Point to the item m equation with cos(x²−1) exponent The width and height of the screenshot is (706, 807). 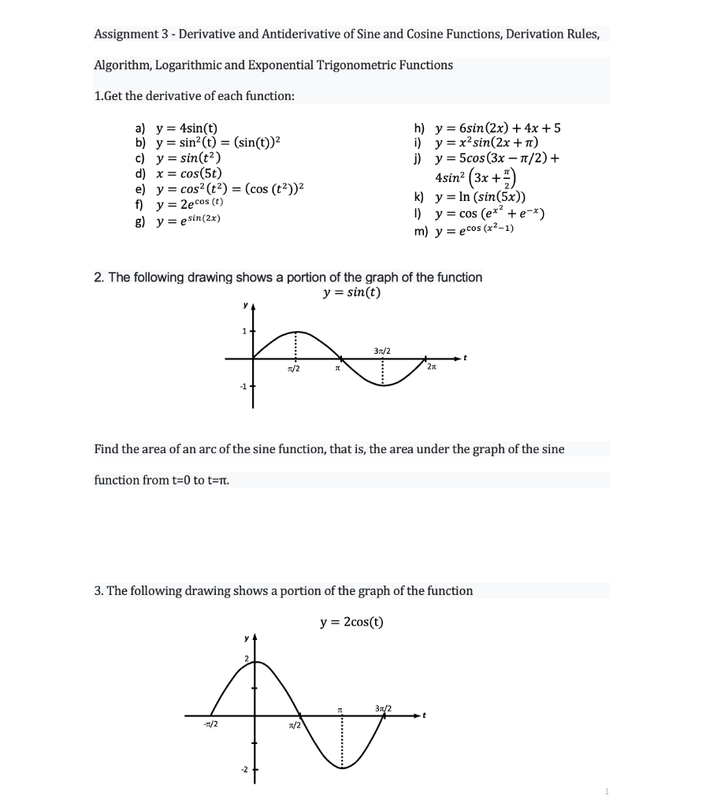coord(470,229)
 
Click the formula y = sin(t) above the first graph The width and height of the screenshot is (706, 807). coord(351,293)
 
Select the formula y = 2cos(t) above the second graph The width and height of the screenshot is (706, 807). coord(351,622)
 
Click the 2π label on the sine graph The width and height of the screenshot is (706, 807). coord(431,368)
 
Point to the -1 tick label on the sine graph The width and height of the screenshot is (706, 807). coord(244,386)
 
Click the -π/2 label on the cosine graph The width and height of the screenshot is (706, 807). coord(210,725)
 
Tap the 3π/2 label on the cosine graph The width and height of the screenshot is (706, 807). coord(384,707)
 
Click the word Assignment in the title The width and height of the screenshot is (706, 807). coord(125,35)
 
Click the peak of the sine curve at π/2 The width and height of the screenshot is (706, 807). coord(296,332)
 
